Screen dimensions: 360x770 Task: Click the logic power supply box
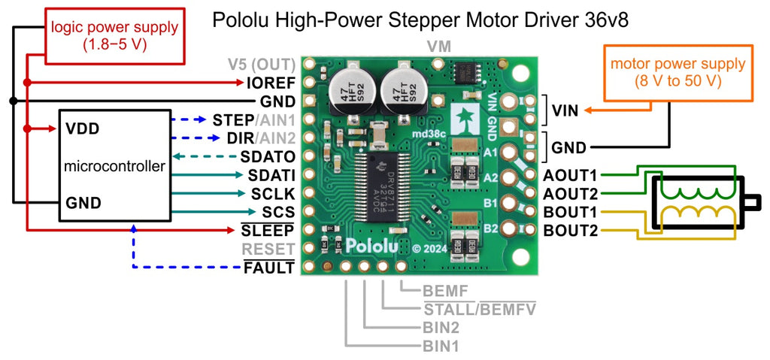114,35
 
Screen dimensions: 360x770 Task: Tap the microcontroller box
114,166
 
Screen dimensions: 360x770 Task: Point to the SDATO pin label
267,157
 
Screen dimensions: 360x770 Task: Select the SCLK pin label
271,193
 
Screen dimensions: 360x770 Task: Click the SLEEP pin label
269,230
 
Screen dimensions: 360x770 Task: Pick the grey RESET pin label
269,248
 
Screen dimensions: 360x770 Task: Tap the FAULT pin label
269,267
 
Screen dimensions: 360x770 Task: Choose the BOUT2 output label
570,230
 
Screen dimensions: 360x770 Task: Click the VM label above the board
439,47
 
